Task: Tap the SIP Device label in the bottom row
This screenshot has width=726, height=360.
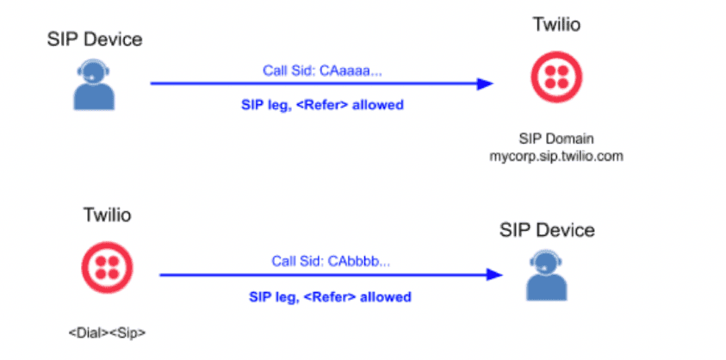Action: [548, 230]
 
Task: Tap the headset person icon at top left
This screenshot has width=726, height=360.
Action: [90, 84]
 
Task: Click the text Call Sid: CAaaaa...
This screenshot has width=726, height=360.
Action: [321, 71]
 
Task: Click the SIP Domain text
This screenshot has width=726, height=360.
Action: [557, 139]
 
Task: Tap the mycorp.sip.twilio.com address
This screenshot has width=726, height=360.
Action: [557, 157]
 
